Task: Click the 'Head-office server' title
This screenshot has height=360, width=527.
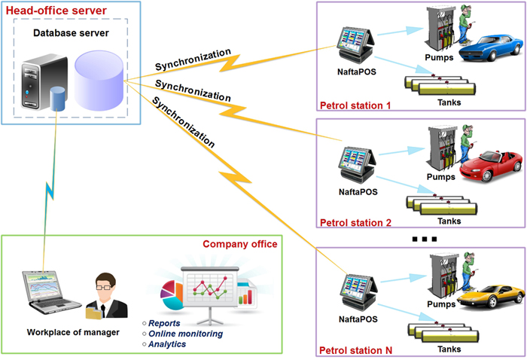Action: [56, 11]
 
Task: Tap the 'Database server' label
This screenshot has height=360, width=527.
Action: [71, 33]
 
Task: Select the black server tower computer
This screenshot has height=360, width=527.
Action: [44, 81]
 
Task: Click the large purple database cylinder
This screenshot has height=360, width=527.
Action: [99, 81]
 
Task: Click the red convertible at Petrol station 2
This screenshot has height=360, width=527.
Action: [492, 166]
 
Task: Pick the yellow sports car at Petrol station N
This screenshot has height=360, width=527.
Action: [490, 296]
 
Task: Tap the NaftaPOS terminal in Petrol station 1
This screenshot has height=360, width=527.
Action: [355, 45]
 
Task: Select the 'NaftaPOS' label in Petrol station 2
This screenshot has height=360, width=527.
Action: [358, 192]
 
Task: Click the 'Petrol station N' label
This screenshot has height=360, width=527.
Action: [355, 351]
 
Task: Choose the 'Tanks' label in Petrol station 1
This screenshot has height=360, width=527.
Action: [449, 102]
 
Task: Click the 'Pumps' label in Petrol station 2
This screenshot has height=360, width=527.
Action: [441, 177]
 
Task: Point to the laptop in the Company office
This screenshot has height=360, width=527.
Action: [51, 292]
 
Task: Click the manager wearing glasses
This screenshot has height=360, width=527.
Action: [107, 296]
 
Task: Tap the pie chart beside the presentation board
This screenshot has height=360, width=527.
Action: [172, 296]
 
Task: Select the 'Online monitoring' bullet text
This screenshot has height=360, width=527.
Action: [185, 334]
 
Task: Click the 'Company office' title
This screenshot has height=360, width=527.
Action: [240, 244]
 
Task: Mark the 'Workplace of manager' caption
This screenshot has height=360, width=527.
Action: [73, 332]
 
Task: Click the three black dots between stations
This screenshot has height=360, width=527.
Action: [425, 239]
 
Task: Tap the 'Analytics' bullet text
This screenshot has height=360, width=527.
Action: [167, 344]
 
